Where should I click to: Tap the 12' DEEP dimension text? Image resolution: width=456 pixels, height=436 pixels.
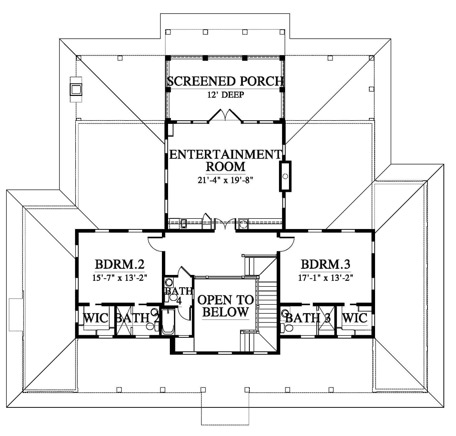click(225, 95)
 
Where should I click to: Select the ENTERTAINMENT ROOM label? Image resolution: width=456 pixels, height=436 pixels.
click(225, 160)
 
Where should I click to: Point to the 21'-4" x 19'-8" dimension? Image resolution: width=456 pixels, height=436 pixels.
click(225, 180)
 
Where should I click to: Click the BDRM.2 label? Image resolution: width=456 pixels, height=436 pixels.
click(120, 264)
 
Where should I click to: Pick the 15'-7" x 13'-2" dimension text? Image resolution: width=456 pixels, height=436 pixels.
click(120, 278)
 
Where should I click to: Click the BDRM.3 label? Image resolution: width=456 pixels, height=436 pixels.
click(326, 264)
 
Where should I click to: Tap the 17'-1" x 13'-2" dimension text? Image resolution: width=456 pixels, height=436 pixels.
click(326, 278)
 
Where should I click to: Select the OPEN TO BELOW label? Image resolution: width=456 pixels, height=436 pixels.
click(225, 306)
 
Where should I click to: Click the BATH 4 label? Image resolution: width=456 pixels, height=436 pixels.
click(179, 296)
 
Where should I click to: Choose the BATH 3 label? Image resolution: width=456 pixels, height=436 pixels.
click(308, 318)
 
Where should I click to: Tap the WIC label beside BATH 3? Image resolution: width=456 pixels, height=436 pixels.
click(355, 318)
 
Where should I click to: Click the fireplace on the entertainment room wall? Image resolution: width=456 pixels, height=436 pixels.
click(285, 176)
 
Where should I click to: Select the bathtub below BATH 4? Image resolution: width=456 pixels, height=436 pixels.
click(168, 322)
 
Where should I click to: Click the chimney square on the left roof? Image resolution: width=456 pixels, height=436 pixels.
click(76, 90)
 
